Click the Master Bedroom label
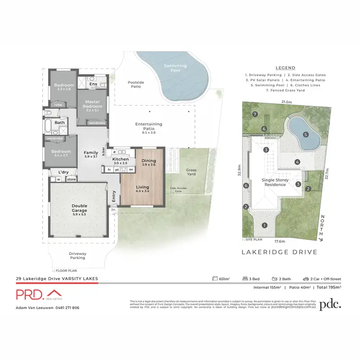[x=92, y=104]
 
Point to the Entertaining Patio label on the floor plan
[x=149, y=127]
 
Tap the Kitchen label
[x=120, y=159]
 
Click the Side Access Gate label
[x=179, y=190]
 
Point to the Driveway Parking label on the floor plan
[x=78, y=255]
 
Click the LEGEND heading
[x=286, y=68]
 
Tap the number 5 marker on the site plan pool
[x=305, y=135]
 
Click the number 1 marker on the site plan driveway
[x=264, y=225]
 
